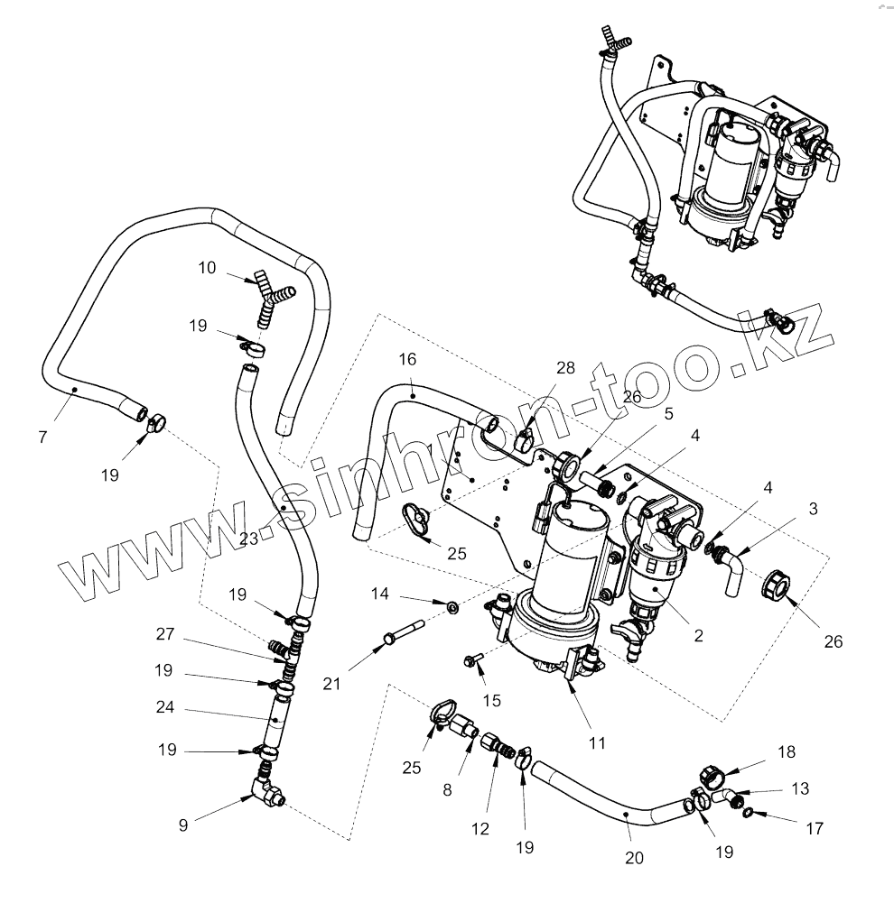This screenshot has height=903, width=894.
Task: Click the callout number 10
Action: (x=207, y=267)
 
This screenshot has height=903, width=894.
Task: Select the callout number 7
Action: (x=42, y=437)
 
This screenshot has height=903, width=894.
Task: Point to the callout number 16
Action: (x=407, y=359)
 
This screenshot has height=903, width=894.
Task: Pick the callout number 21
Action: (x=332, y=684)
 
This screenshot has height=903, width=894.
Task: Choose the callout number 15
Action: (x=492, y=700)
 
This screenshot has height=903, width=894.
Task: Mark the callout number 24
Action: (x=164, y=708)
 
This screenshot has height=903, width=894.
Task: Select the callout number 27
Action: (x=164, y=633)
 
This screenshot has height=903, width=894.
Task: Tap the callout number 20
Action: (x=635, y=858)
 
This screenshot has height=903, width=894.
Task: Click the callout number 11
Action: (x=596, y=742)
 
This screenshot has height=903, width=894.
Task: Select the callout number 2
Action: (x=698, y=635)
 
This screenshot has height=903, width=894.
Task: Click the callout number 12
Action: (x=480, y=829)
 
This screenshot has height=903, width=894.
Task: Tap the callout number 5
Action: (x=669, y=414)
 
